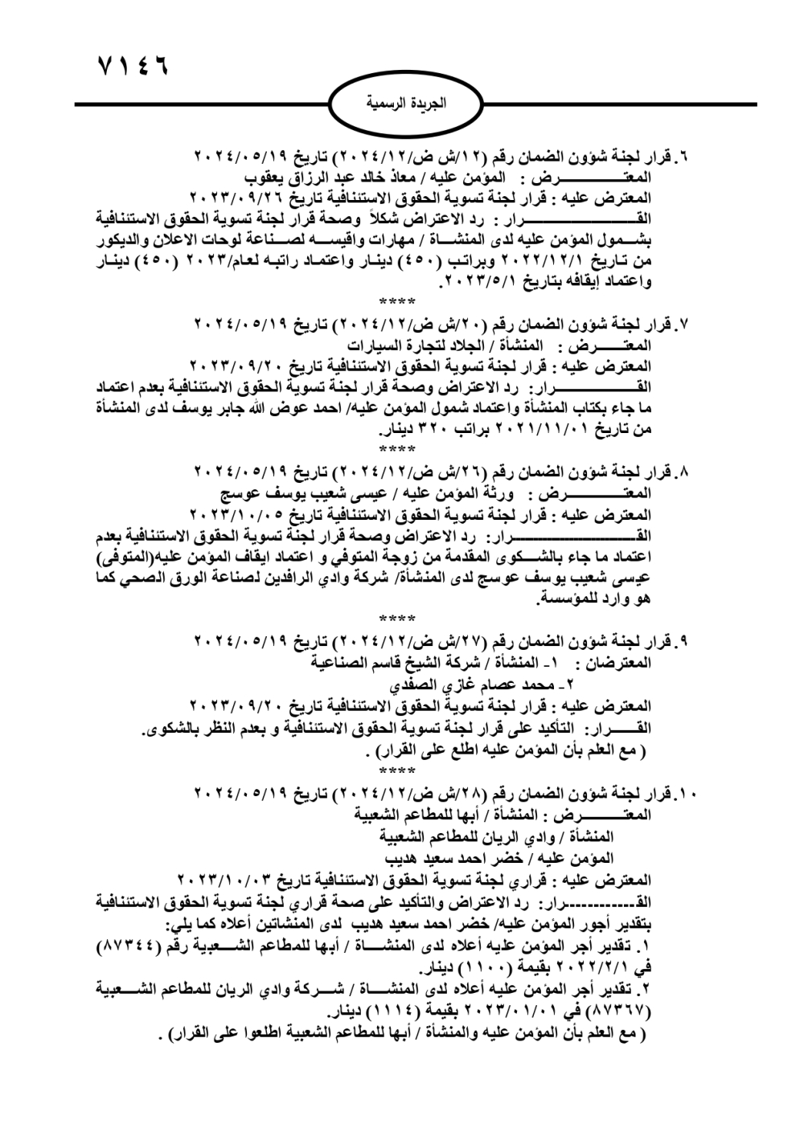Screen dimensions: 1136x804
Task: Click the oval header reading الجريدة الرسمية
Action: point(405,105)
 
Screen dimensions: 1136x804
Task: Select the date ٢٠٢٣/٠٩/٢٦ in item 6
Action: point(234,197)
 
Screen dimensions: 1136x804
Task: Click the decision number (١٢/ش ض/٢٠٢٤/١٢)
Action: point(402,156)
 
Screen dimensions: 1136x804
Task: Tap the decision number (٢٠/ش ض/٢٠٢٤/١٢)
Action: point(402,325)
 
